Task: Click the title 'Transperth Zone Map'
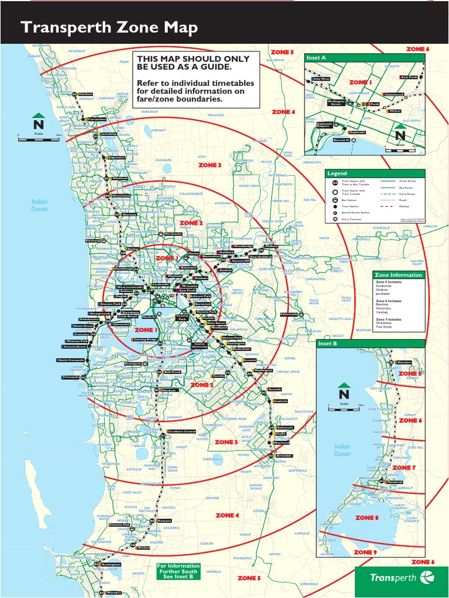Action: (109, 27)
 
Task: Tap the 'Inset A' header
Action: (316, 57)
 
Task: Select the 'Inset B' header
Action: (328, 343)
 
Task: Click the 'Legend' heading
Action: (337, 173)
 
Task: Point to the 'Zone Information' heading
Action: (398, 274)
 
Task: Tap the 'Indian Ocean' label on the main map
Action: (39, 205)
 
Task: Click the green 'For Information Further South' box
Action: (178, 571)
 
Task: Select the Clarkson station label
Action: (85, 94)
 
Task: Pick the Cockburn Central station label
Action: (181, 432)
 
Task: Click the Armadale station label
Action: (284, 456)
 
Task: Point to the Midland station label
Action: (272, 246)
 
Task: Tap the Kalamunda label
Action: (289, 314)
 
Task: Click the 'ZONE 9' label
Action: (366, 552)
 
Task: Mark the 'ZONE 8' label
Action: (367, 517)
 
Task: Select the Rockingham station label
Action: (111, 565)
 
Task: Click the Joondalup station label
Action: (109, 134)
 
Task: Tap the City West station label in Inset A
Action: (322, 78)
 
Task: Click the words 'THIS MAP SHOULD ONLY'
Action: (193, 59)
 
